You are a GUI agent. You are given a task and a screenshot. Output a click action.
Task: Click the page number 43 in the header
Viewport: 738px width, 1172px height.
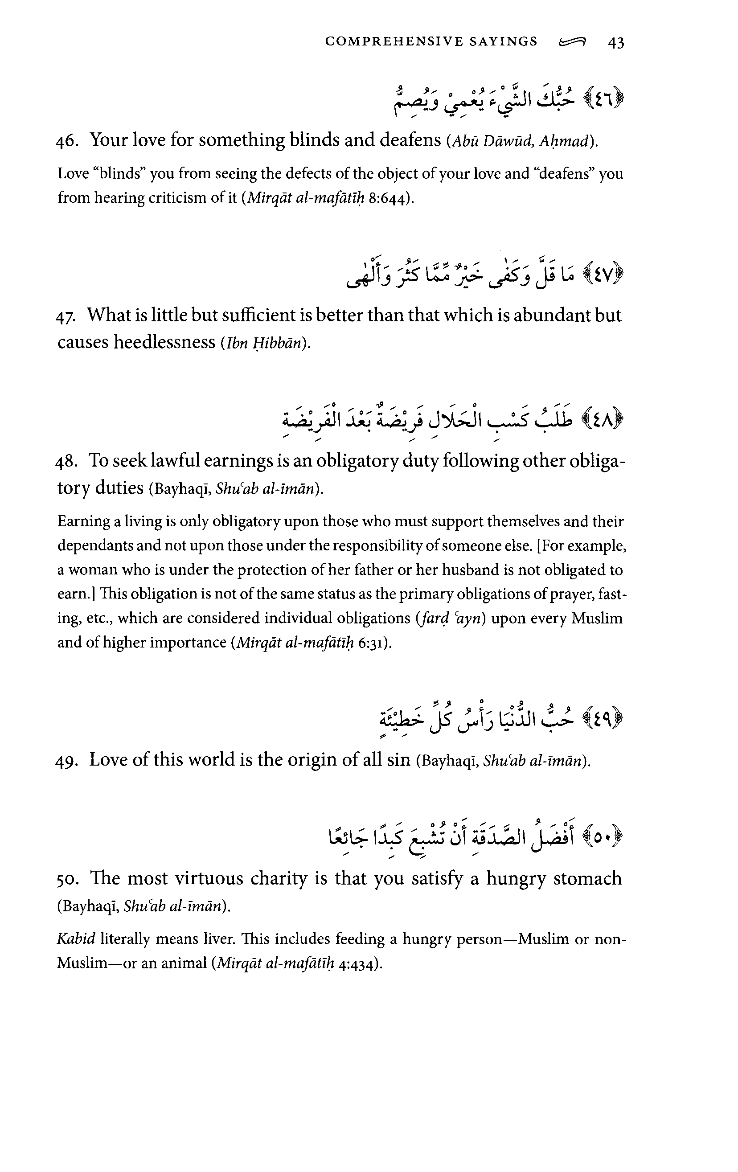click(x=616, y=43)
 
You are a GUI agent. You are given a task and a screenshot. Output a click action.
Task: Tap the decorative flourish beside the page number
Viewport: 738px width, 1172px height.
click(x=573, y=43)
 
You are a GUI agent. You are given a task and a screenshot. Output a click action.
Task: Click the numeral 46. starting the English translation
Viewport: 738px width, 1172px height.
click(x=67, y=141)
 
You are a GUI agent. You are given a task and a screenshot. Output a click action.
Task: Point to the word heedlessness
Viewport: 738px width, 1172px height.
click(x=164, y=342)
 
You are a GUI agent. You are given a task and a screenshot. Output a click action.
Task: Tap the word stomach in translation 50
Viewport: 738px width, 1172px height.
click(x=587, y=879)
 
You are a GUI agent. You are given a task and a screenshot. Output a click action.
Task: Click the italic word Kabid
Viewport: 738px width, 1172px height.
click(x=76, y=939)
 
